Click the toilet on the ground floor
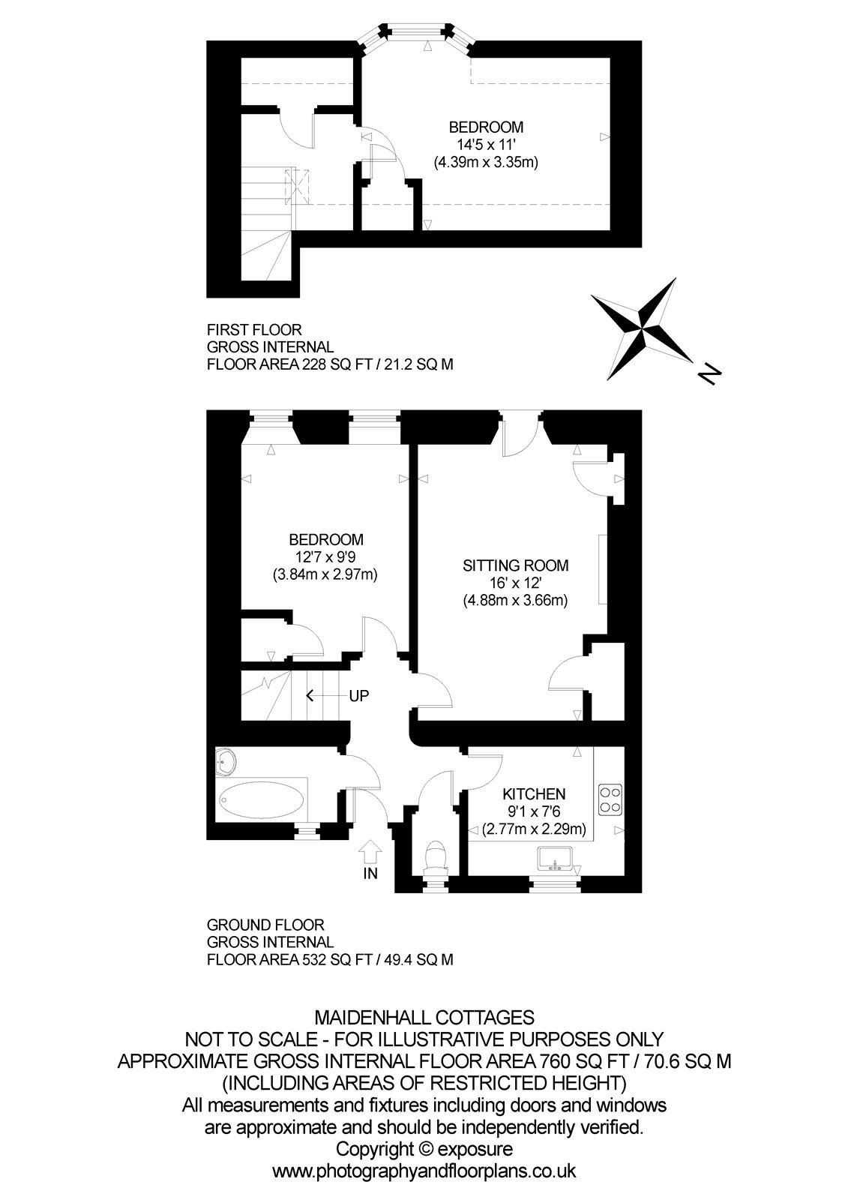pyautogui.click(x=434, y=856)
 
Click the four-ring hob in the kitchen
pyautogui.click(x=610, y=799)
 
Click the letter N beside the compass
pyautogui.click(x=710, y=372)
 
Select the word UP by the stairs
pyautogui.click(x=358, y=696)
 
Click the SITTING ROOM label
pyautogui.click(x=515, y=565)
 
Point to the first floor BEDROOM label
pyautogui.click(x=485, y=127)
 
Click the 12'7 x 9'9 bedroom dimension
pyautogui.click(x=325, y=557)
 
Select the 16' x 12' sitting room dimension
pyautogui.click(x=515, y=583)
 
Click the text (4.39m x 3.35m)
pyautogui.click(x=485, y=162)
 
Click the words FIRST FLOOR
pyautogui.click(x=254, y=329)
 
